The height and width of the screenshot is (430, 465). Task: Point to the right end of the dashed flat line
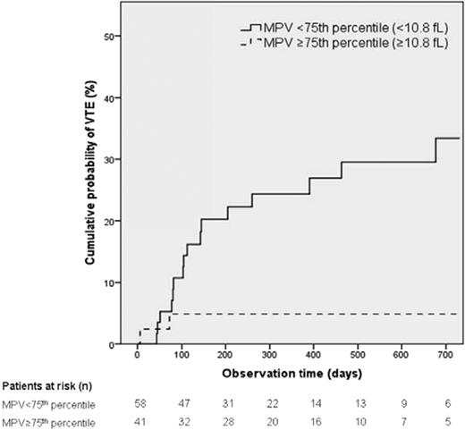tap(459, 314)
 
